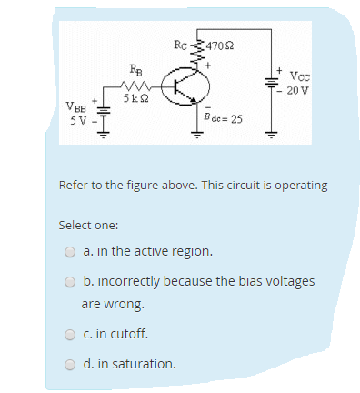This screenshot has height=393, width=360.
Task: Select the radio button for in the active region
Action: pyautogui.click(x=70, y=251)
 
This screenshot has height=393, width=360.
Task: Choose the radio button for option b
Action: pyautogui.click(x=70, y=281)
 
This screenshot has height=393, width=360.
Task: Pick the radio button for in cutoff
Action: pyautogui.click(x=70, y=334)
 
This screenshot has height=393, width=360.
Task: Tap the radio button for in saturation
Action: pyautogui.click(x=70, y=364)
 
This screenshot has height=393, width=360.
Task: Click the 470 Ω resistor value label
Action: pyautogui.click(x=221, y=47)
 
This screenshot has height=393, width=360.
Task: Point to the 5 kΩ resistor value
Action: pyautogui.click(x=136, y=97)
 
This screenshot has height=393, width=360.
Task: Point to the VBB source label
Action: pyautogui.click(x=77, y=107)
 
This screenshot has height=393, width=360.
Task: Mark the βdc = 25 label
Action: pyautogui.click(x=223, y=119)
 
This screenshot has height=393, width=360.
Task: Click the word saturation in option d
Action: pyautogui.click(x=145, y=364)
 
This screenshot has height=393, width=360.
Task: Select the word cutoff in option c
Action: pyautogui.click(x=128, y=334)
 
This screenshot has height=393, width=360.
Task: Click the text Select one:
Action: pyautogui.click(x=88, y=224)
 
